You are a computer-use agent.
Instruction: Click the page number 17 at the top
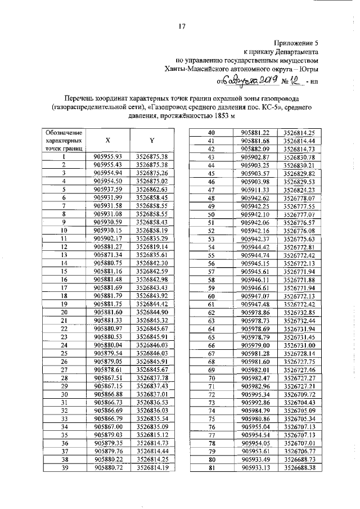[x=181, y=26]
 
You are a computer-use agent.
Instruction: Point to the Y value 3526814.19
[x=152, y=466]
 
